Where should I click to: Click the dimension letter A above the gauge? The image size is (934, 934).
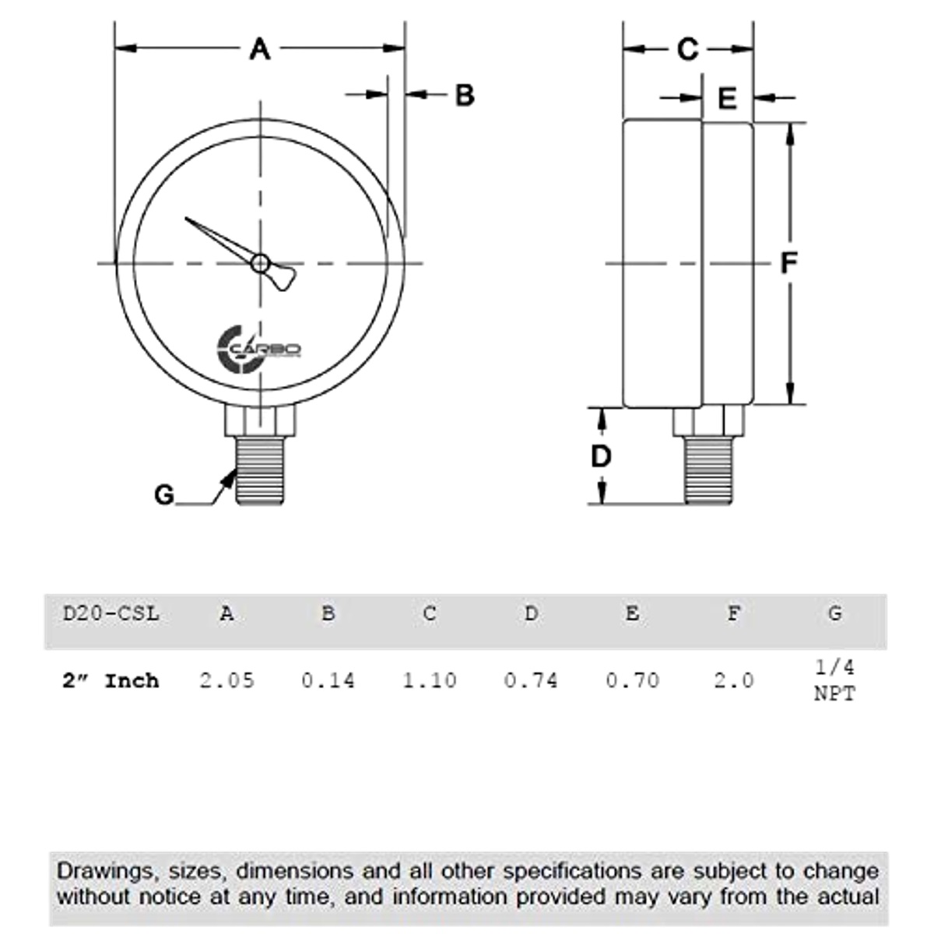pos(259,49)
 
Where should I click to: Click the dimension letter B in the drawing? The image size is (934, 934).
pos(464,95)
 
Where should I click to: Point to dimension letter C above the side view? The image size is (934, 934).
pos(687,49)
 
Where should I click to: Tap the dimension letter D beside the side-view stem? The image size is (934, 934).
pos(601,457)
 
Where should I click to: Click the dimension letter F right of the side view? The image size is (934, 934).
pos(788,264)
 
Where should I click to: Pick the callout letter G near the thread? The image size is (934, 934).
pos(164,494)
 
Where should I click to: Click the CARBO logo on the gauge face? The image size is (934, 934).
pos(258,349)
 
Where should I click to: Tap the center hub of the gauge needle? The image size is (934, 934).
pos(260,264)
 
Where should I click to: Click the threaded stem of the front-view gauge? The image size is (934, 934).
pos(260,471)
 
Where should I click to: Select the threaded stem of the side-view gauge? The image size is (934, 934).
pos(708,469)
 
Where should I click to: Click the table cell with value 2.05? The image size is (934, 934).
pos(226,680)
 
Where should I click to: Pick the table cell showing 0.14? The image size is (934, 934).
pos(328,680)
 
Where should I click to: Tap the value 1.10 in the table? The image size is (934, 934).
pos(429,680)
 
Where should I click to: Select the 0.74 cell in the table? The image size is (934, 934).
pos(531,680)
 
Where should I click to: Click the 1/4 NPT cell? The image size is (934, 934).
pos(834,680)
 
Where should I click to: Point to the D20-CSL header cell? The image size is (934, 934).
pos(111,613)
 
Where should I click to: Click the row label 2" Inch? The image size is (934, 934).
pos(111,680)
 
